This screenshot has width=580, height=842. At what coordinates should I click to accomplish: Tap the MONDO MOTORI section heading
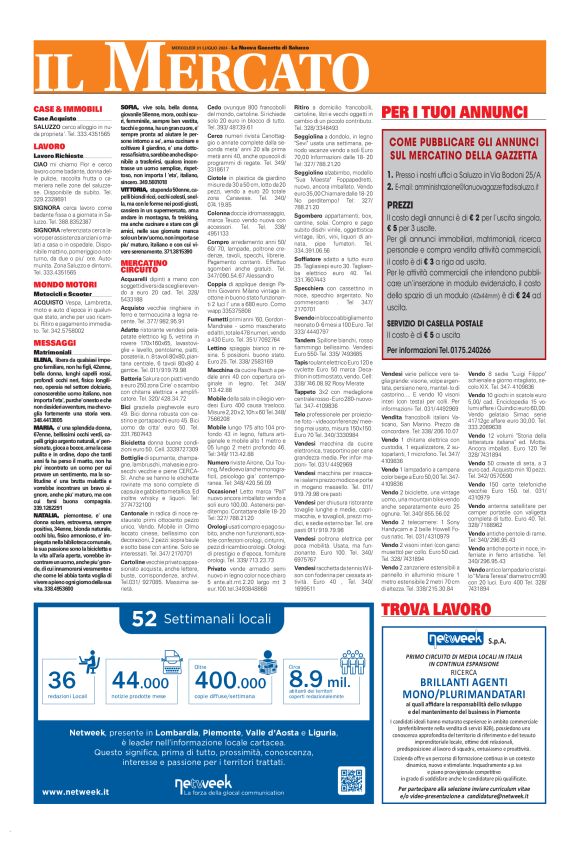pos(64,283)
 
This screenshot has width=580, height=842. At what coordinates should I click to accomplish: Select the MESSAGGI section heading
pos(54,341)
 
